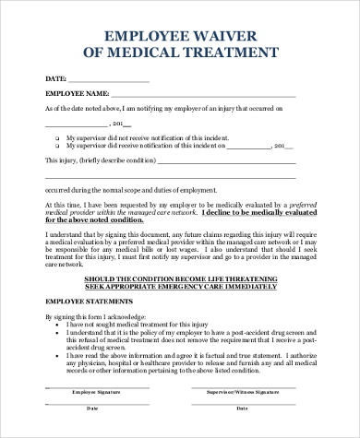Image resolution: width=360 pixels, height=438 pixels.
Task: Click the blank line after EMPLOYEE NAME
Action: (x=203, y=96)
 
